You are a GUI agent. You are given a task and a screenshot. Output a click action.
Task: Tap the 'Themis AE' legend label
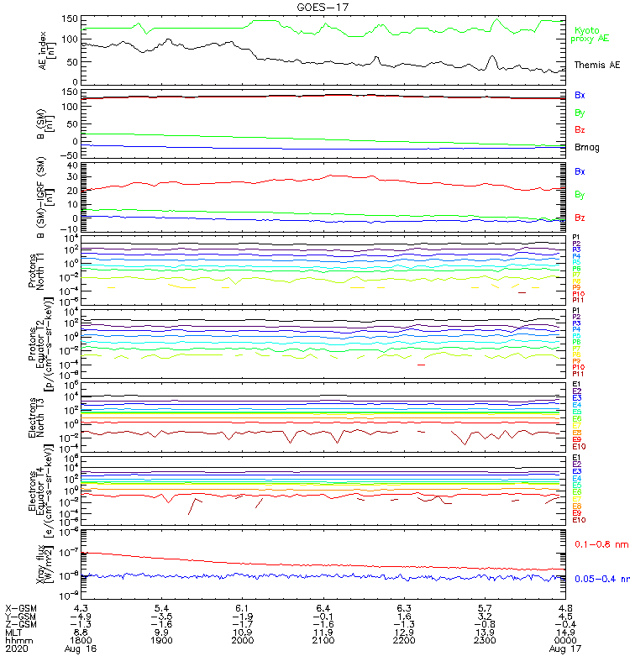pyautogui.click(x=596, y=65)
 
